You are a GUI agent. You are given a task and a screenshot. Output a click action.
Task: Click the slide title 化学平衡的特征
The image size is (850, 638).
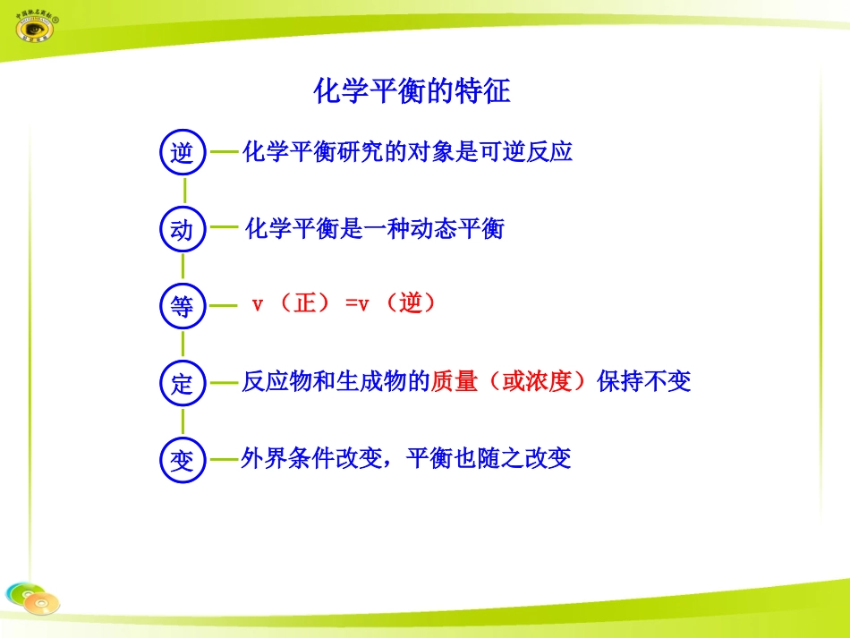tap(412, 90)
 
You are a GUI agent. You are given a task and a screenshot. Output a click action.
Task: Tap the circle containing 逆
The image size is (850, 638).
tap(183, 152)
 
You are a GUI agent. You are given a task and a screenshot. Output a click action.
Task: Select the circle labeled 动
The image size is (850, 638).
tap(183, 230)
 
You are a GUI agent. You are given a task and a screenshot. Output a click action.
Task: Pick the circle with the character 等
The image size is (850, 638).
tap(183, 307)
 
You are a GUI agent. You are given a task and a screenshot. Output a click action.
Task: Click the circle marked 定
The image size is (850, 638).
tap(183, 384)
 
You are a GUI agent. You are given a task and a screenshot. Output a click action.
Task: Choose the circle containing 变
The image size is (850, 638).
tap(183, 461)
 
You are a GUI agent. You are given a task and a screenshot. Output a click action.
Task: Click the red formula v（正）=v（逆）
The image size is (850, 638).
tap(345, 304)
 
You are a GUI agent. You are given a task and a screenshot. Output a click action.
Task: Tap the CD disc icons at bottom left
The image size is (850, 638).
tap(31, 598)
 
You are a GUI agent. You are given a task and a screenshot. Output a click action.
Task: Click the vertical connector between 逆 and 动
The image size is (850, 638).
tap(184, 191)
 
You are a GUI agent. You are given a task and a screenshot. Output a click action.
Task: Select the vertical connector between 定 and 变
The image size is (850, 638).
tap(183, 422)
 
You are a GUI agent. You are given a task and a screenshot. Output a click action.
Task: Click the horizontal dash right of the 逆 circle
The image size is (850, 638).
tap(224, 152)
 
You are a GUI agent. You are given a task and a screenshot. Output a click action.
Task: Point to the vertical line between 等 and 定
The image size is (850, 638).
tap(183, 345)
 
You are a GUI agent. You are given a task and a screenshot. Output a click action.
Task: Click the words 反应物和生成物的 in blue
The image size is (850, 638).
tap(336, 382)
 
